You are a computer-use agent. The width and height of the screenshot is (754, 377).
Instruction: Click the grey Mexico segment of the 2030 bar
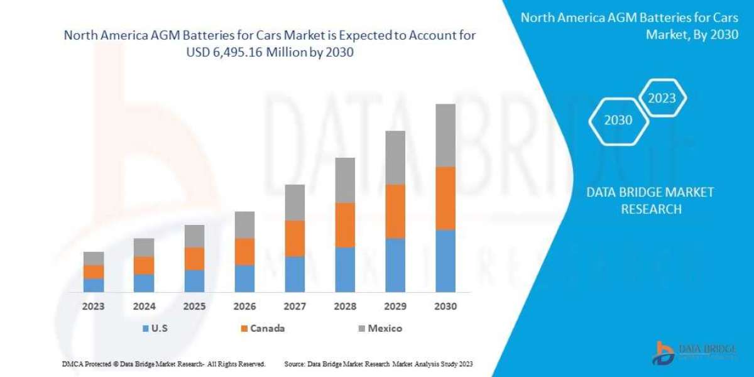coord(445,135)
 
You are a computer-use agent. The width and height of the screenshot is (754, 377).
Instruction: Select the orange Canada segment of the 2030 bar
coord(445,198)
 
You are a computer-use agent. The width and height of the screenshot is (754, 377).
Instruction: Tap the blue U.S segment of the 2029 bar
coord(395,265)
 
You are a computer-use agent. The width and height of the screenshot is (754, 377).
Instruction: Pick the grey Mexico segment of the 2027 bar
coord(295,202)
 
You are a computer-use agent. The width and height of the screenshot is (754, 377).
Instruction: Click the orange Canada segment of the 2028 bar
coord(345,224)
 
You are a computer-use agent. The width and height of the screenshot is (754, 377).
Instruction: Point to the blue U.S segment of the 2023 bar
coord(94,285)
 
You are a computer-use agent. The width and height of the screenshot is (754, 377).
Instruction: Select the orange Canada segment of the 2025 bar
coord(194,258)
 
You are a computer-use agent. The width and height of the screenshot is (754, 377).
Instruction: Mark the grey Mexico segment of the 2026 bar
coord(244,224)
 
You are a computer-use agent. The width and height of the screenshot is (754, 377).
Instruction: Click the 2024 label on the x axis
coord(144,307)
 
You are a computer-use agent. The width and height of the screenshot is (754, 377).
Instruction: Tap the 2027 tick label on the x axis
coord(295,307)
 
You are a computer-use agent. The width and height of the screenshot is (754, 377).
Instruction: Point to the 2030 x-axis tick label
coord(445,307)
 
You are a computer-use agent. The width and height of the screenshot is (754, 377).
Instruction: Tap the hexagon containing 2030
coord(618,120)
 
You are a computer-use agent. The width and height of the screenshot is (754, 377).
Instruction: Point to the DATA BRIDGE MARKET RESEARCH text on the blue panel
coord(650,200)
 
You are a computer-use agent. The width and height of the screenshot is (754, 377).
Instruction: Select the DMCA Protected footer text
coord(163,364)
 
